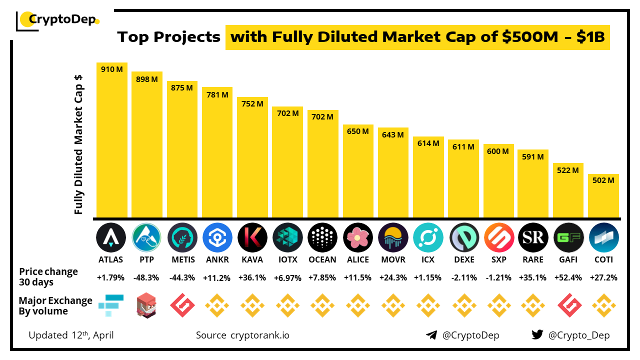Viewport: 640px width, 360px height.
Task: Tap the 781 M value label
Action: click(x=217, y=94)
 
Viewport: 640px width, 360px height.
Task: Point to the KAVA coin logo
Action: click(x=252, y=237)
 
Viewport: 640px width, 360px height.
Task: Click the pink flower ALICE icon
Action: click(x=358, y=237)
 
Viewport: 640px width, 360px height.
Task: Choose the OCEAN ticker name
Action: click(x=322, y=259)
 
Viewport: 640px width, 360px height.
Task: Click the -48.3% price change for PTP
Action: click(x=147, y=277)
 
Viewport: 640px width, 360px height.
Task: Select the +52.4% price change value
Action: click(x=568, y=277)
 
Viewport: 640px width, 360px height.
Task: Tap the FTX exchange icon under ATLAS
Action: click(x=111, y=305)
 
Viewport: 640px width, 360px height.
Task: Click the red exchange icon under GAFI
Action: click(x=568, y=305)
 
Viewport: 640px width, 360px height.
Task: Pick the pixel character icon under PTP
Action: click(x=147, y=305)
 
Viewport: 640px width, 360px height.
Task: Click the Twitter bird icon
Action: click(x=537, y=334)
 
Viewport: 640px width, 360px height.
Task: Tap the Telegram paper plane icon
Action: click(x=431, y=335)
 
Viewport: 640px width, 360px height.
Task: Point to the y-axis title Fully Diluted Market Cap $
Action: click(x=78, y=145)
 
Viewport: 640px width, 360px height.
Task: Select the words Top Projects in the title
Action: click(x=168, y=37)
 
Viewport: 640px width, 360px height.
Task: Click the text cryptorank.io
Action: click(x=259, y=335)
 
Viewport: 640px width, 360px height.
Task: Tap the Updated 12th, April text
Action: click(x=71, y=335)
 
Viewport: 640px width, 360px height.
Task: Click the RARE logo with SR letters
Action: click(x=533, y=237)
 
